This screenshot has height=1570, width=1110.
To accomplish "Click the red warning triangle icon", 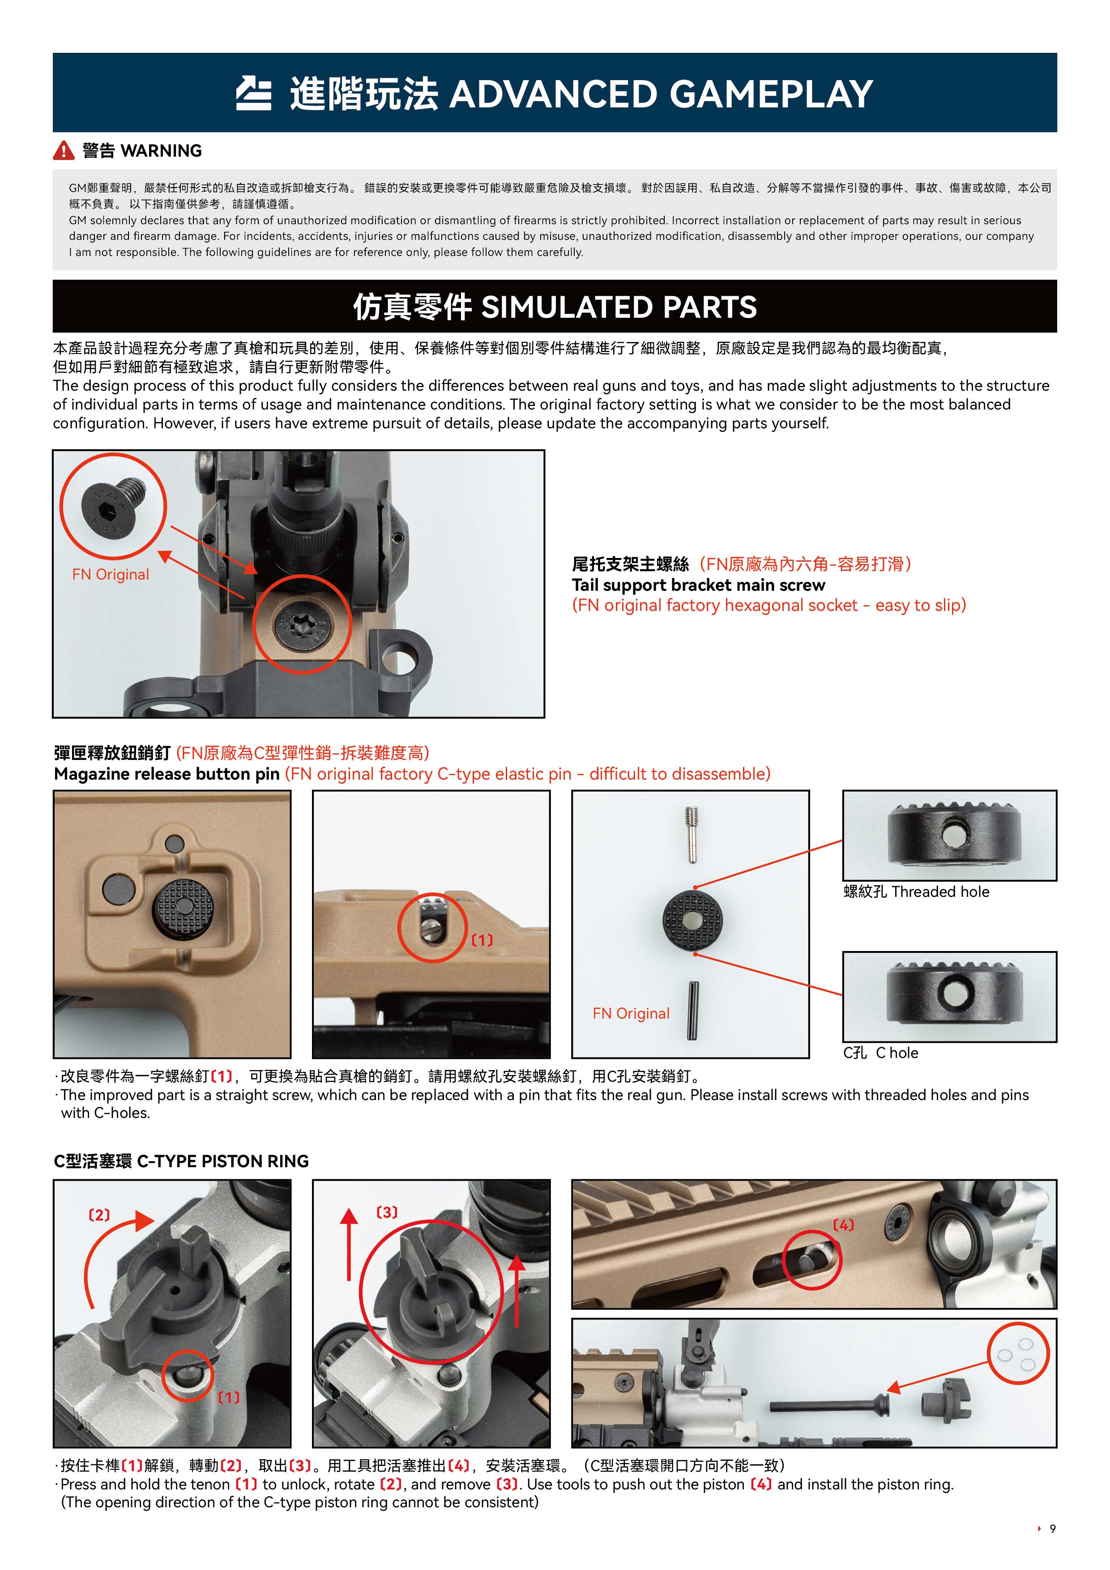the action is coord(64,150).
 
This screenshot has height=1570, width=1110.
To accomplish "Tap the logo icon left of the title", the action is coord(254,94).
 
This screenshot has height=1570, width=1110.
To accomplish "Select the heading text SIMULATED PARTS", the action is coord(619,307).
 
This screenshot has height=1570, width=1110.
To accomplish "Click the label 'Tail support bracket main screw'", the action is coord(698,585).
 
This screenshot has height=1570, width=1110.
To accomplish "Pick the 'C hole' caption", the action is coord(880,1053).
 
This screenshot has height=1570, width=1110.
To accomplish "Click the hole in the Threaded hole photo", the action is coord(951,834).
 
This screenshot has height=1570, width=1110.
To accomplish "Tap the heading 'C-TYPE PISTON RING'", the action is coord(223,1161).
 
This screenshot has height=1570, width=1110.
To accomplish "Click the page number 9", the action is coord(1053,1529).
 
